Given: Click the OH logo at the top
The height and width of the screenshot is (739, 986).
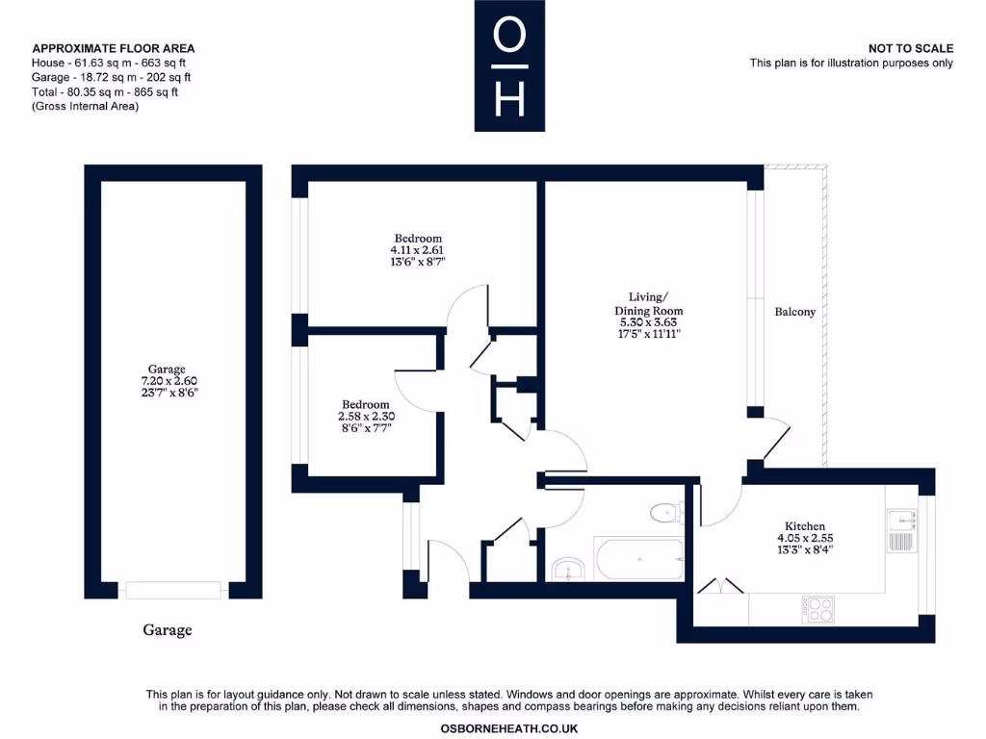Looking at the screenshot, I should click(x=509, y=65).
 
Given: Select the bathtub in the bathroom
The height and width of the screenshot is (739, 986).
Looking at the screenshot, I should click(x=638, y=557).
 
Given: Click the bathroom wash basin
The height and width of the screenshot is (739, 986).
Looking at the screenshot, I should click(x=569, y=570).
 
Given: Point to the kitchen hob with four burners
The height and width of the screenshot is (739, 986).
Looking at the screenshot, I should click(x=818, y=608).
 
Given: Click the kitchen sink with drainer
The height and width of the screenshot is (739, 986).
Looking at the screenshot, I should click(x=902, y=528).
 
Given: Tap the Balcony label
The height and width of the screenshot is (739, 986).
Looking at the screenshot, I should click(x=794, y=312).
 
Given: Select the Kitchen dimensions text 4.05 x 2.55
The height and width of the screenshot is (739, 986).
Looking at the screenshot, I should click(x=804, y=539).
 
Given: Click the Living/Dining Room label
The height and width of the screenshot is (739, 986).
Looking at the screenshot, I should click(x=649, y=304).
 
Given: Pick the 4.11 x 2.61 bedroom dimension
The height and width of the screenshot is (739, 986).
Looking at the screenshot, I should click(x=418, y=250).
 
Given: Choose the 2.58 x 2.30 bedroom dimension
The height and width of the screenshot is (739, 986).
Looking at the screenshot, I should click(x=366, y=417).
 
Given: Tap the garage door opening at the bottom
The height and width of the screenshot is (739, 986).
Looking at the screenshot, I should click(x=173, y=590).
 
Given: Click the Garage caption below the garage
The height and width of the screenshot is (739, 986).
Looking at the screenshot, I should click(x=168, y=630).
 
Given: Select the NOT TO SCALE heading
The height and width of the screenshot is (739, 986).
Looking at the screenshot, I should click(x=910, y=48).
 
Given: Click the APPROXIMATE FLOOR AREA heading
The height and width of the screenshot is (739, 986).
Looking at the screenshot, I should click(x=114, y=48).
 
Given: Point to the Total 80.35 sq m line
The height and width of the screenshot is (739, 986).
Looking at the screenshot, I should click(x=105, y=92).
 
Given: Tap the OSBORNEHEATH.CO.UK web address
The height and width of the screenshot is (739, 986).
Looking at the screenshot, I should click(x=509, y=728).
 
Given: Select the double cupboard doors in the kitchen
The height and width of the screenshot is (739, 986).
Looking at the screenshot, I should click(x=720, y=585).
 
